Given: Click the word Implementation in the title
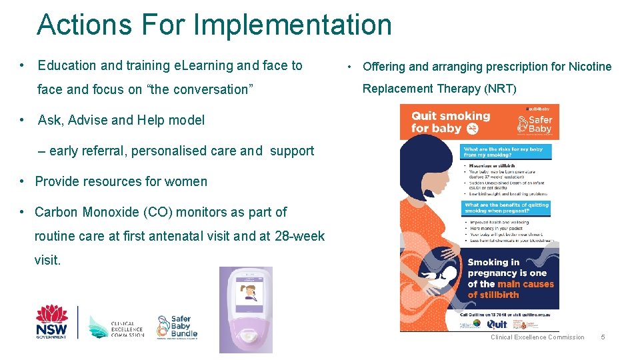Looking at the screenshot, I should tap(293, 25).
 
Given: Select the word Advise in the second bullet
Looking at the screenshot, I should tap(87, 121).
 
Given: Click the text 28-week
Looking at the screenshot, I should tap(300, 236).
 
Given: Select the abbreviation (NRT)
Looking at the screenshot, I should tap(500, 89).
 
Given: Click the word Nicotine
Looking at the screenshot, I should tap(590, 67).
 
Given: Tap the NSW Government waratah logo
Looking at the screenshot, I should tap(52, 321).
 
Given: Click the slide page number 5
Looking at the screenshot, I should tap(603, 337).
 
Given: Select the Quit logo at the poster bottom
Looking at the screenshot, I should tap(497, 324).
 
